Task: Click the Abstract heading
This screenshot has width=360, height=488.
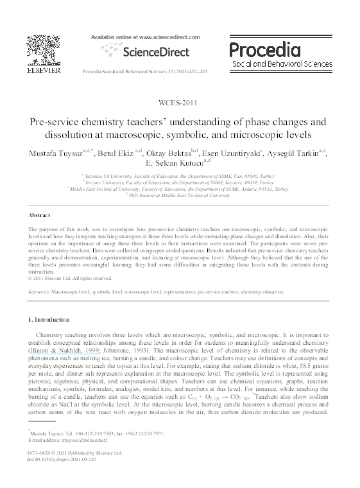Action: tap(41, 215)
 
